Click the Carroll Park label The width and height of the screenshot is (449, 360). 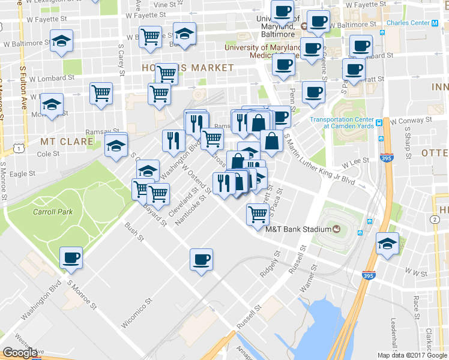[53, 212]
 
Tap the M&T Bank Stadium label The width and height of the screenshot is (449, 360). [298, 229]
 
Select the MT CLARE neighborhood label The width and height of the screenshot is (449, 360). [67, 142]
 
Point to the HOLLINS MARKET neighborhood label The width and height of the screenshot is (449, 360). [187, 68]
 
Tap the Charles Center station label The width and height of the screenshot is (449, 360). [408, 23]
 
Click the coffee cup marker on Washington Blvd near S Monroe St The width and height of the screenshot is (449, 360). [71, 258]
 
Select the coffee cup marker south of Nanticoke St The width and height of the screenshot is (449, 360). [202, 260]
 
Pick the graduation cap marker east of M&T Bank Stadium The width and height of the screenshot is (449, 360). [387, 244]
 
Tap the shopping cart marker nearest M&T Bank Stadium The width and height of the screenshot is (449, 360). [258, 213]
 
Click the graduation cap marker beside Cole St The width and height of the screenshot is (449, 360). [116, 145]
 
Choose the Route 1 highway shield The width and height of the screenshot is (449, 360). [20, 148]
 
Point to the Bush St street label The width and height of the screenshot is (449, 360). [134, 232]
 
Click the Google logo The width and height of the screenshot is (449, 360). [20, 352]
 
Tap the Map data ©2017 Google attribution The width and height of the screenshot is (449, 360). [412, 355]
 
